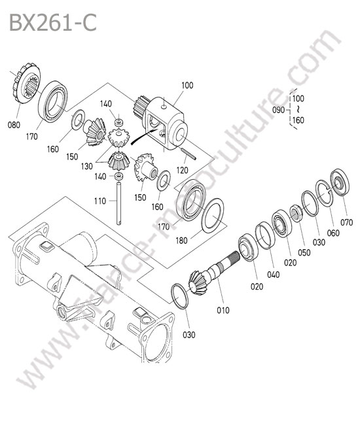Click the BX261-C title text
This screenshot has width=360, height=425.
pyautogui.click(x=53, y=23)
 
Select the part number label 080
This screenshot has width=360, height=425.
pyautogui.click(x=14, y=125)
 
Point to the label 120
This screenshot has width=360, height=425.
pyautogui.click(x=182, y=170)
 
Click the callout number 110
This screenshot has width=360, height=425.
pyautogui.click(x=100, y=201)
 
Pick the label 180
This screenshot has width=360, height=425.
pyautogui.click(x=181, y=241)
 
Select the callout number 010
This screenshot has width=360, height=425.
pyautogui.click(x=223, y=310)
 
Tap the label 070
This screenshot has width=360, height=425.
pyautogui.click(x=346, y=222)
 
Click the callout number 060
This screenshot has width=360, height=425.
pyautogui.click(x=333, y=233)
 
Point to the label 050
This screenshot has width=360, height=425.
pyautogui.click(x=304, y=252)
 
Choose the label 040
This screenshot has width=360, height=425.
pyautogui.click(x=273, y=275)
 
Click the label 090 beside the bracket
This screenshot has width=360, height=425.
pyautogui.click(x=279, y=110)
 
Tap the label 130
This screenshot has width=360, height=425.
pyautogui.click(x=87, y=166)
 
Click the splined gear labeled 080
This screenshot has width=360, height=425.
pyautogui.click(x=27, y=83)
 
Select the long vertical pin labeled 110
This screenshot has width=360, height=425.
pyautogui.click(x=119, y=203)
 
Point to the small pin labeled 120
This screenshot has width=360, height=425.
pyautogui.click(x=188, y=154)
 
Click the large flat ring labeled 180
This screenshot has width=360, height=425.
pyautogui.click(x=213, y=216)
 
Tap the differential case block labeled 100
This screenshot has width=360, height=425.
pyautogui.click(x=165, y=124)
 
